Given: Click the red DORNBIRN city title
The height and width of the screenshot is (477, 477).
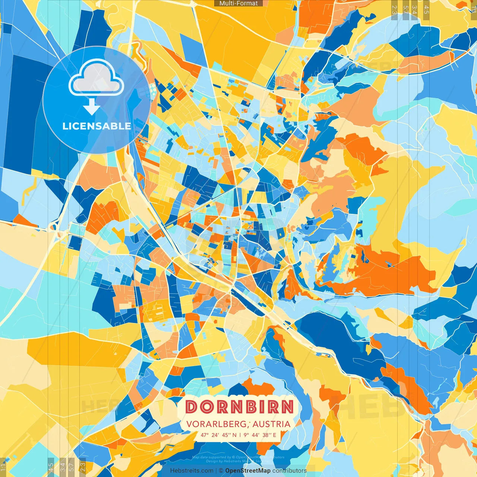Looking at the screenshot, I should point(239,407).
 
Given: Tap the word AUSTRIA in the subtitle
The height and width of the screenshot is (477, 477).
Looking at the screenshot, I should point(272,424).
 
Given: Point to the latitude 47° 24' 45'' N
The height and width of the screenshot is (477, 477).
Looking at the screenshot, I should point(218,435).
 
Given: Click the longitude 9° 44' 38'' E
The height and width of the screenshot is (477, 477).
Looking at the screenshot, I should point(260,435).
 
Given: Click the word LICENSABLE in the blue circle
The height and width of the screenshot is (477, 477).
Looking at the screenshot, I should point(97,126).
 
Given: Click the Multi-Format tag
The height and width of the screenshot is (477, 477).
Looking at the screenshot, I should point(238,3).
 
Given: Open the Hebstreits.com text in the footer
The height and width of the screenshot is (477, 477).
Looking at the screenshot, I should point(192,471).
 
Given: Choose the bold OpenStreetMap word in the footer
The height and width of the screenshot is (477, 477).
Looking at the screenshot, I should point(248,471).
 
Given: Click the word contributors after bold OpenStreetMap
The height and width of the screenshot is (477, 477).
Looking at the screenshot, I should point(290,471).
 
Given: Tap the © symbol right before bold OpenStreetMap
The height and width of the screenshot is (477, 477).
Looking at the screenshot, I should point(221,471).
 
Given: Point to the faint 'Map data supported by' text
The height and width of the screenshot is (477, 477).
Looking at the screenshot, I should point(211,457).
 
